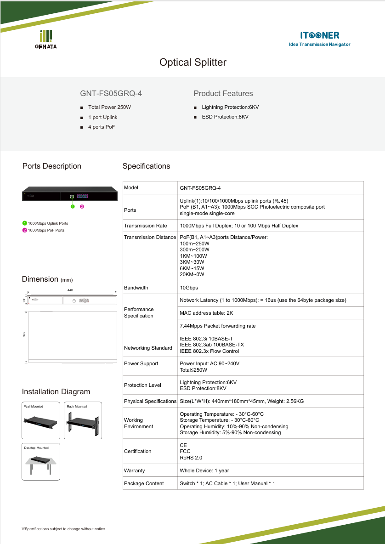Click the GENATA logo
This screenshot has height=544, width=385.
46,39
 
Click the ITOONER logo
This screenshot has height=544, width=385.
320,38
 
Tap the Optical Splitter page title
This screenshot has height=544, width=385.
192,62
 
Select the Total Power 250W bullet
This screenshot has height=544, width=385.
109,107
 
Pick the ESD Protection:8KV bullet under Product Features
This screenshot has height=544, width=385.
225,117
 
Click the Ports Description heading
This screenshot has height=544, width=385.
52,166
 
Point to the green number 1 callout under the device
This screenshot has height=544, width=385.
72,207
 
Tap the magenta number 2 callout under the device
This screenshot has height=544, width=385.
82,207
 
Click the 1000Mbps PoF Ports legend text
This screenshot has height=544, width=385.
46,230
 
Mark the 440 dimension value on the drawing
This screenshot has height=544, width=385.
70,290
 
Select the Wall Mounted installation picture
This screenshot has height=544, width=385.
41,420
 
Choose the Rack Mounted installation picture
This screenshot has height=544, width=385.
83,420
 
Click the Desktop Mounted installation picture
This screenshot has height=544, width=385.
41,462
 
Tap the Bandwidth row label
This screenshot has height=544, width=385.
136,288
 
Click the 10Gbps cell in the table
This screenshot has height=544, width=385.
189,288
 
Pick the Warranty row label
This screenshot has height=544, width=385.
134,470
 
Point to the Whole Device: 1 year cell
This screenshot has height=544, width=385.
204,470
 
